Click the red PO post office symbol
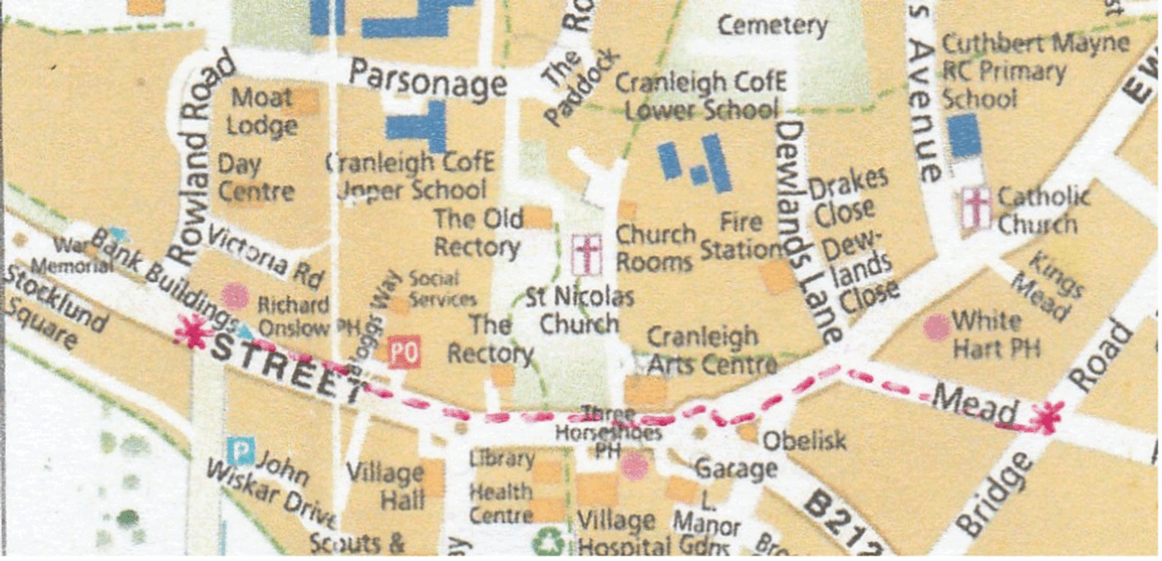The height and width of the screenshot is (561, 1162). pyautogui.click(x=405, y=352)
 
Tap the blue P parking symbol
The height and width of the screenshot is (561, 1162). pyautogui.click(x=241, y=451)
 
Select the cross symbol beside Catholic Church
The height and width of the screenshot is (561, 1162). pyautogui.click(x=977, y=208)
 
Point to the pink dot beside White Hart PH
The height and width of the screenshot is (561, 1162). pyautogui.click(x=936, y=327)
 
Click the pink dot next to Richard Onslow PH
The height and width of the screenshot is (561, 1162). pyautogui.click(x=235, y=296)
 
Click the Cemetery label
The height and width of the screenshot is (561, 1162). pyautogui.click(x=772, y=26)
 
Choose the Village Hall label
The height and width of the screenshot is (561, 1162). pyautogui.click(x=386, y=486)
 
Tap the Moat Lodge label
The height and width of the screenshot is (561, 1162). pyautogui.click(x=262, y=112)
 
